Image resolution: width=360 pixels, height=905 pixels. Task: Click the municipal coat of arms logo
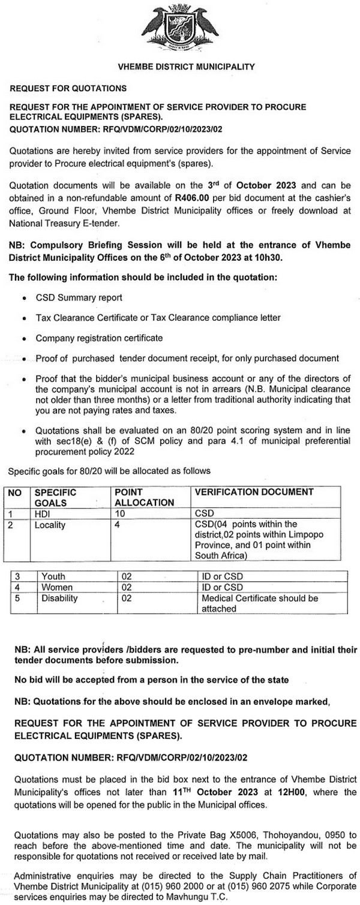[181, 28]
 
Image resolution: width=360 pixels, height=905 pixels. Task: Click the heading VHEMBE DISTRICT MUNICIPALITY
[180, 67]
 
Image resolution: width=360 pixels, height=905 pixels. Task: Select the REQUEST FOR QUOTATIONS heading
[68, 88]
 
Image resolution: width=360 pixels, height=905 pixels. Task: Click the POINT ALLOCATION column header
[144, 497]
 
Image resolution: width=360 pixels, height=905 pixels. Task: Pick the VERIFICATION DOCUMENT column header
[254, 492]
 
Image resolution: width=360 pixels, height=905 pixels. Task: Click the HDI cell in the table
[43, 513]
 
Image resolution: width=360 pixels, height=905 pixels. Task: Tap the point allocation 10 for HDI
[119, 513]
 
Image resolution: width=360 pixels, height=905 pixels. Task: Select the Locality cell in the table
[50, 524]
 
